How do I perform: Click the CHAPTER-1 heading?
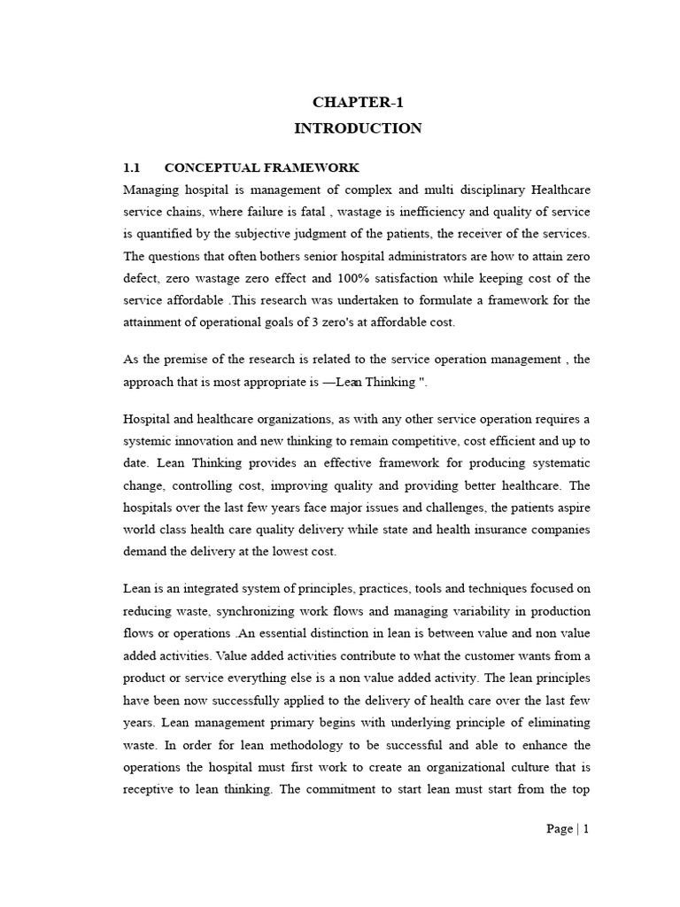click(x=358, y=101)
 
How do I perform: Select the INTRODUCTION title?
click(x=358, y=128)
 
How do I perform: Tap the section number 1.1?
click(x=131, y=167)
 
